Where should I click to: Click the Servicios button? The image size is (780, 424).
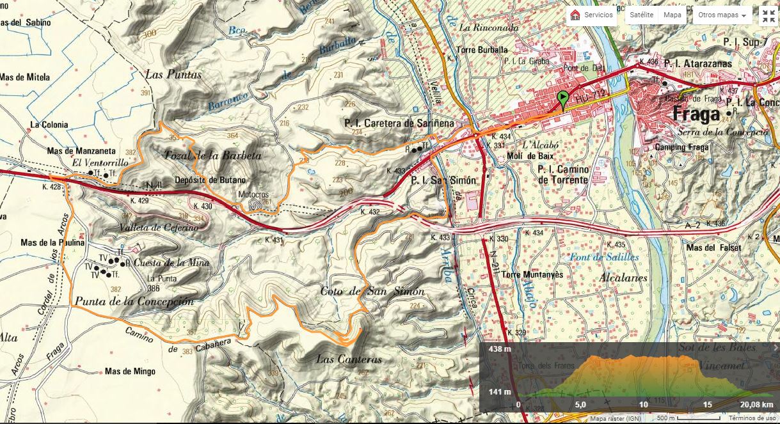click(592, 15)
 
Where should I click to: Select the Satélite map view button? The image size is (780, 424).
click(641, 15)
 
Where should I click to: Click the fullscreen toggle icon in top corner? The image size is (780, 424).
click(768, 16)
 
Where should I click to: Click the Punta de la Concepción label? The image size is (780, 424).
click(134, 301)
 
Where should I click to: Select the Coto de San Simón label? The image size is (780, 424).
click(372, 292)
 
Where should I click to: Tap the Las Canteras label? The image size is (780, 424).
click(349, 359)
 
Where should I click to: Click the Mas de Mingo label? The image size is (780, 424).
click(130, 371)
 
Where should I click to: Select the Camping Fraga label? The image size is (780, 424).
click(681, 147)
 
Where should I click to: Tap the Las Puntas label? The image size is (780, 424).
click(173, 75)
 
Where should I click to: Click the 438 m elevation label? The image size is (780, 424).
click(499, 349)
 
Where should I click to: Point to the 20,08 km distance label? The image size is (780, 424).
click(756, 404)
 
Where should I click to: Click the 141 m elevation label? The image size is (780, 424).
click(499, 392)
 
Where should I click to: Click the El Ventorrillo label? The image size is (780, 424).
click(100, 163)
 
